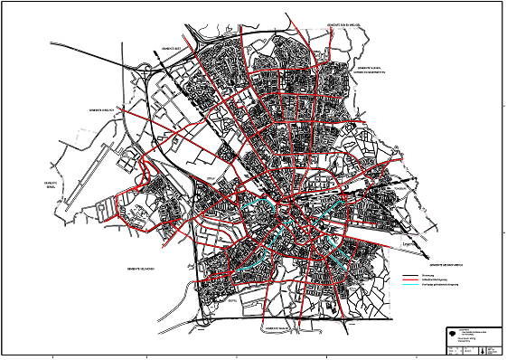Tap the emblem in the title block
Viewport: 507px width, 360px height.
452,332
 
